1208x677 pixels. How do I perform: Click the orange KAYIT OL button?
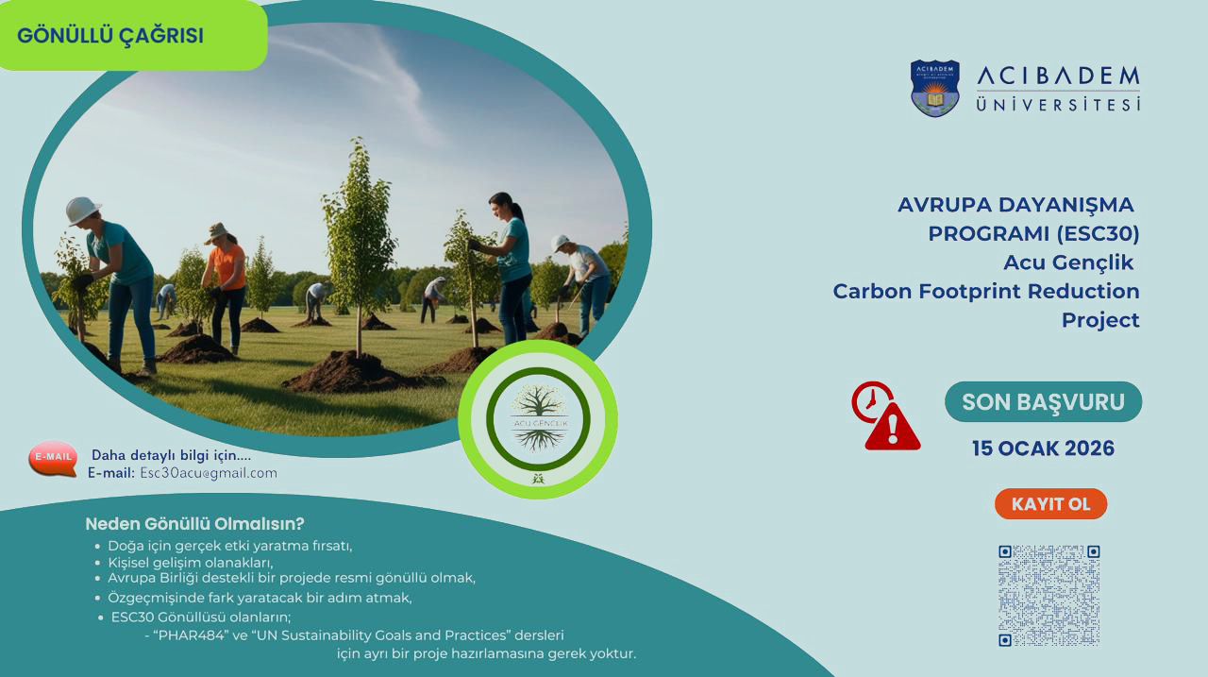pyautogui.click(x=1050, y=504)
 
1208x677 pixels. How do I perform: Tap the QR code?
pyautogui.click(x=1049, y=596)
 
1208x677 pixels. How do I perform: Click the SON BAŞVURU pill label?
pyautogui.click(x=1043, y=402)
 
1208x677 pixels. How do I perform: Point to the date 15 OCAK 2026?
pyautogui.click(x=1043, y=449)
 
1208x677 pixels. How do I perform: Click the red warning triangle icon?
pyautogui.click(x=893, y=427)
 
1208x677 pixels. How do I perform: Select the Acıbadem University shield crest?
pyautogui.click(x=934, y=88)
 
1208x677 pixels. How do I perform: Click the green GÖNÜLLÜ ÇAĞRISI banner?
pyautogui.click(x=132, y=35)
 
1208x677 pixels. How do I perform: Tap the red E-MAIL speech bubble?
pyautogui.click(x=53, y=459)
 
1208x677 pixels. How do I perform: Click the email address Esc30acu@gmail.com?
pyautogui.click(x=209, y=473)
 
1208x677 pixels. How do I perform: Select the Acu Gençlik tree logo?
pyautogui.click(x=538, y=419)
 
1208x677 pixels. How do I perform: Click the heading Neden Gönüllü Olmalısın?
pyautogui.click(x=194, y=524)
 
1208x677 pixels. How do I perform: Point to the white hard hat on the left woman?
pyautogui.click(x=82, y=211)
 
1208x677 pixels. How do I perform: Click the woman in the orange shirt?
pyautogui.click(x=226, y=286)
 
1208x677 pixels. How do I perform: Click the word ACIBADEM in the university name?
pyautogui.click(x=1058, y=76)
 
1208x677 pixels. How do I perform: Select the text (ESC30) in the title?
pyautogui.click(x=1098, y=233)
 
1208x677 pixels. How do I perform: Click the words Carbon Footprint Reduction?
pyautogui.click(x=986, y=292)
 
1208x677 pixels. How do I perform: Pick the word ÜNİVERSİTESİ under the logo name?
pyautogui.click(x=1058, y=104)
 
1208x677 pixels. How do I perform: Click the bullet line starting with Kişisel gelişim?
pyautogui.click(x=191, y=563)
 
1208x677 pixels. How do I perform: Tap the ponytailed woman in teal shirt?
pyautogui.click(x=507, y=267)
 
